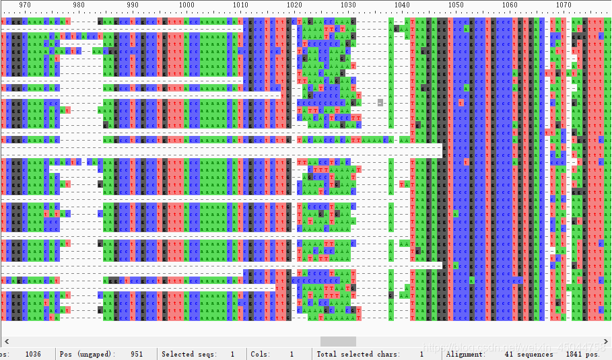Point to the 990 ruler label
(x=133, y=5)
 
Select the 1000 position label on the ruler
(x=186, y=5)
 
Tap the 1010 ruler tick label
(x=240, y=5)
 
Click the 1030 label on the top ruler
(x=348, y=5)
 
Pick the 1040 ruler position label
(x=402, y=5)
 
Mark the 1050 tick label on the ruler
(x=456, y=5)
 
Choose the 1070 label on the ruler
(x=564, y=5)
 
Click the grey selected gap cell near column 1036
(x=380, y=103)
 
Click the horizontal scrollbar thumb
(x=338, y=341)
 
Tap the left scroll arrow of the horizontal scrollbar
(x=4, y=341)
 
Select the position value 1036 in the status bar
(x=33, y=354)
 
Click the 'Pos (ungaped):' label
(x=86, y=354)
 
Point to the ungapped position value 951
(x=137, y=354)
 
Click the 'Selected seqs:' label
(x=188, y=354)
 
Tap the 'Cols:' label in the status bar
(x=261, y=354)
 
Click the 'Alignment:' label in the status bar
(x=465, y=354)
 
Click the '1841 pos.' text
(x=582, y=354)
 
